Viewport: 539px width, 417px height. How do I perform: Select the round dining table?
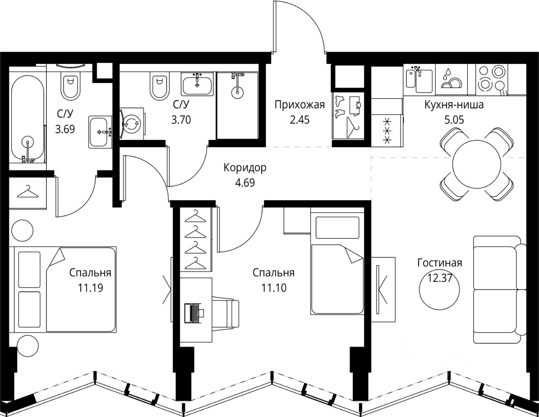[x=477, y=164]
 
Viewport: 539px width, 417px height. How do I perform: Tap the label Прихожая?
[x=299, y=105]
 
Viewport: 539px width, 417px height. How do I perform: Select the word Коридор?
[x=245, y=168]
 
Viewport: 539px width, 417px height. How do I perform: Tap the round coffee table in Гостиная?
[x=439, y=289]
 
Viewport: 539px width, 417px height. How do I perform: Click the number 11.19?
[x=90, y=288]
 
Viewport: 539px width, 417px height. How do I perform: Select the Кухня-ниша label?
[x=454, y=105]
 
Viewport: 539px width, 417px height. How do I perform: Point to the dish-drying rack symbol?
[x=451, y=80]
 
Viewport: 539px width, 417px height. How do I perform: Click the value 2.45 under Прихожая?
[x=299, y=120]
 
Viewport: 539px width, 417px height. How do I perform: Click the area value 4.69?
[x=245, y=183]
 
